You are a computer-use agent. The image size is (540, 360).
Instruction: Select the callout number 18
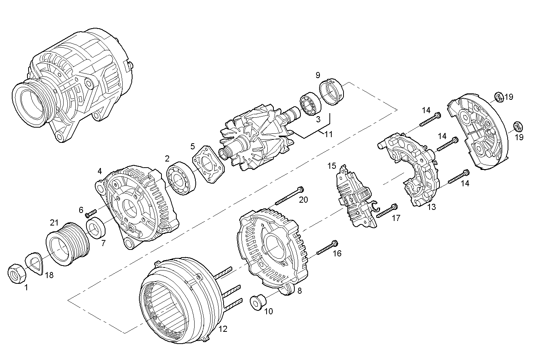[49, 275]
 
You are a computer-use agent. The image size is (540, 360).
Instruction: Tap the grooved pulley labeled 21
[67, 243]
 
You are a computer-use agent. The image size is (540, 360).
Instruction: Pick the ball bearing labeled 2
[181, 178]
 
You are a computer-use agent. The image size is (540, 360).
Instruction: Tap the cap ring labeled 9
[331, 93]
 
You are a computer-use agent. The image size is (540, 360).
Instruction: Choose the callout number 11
[328, 134]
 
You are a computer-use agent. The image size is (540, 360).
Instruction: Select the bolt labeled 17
[387, 211]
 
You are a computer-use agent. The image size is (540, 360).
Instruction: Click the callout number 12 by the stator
[223, 328]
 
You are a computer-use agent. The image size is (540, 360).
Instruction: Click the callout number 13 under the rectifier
[431, 207]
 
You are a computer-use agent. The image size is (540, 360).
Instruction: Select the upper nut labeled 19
[498, 97]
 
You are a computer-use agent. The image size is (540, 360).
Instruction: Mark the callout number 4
[99, 171]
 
